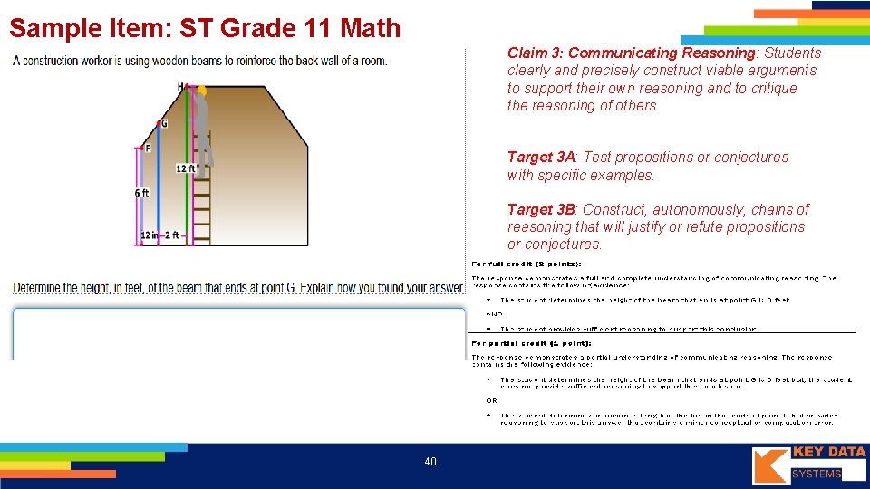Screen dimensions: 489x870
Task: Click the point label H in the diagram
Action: (180, 87)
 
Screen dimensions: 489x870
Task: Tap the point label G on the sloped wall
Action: (164, 123)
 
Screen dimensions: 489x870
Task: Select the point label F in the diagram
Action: (148, 148)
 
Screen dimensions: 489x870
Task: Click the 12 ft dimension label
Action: (187, 168)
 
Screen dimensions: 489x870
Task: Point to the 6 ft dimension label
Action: (141, 193)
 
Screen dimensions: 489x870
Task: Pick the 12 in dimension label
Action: (150, 235)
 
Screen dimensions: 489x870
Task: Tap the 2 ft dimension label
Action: (172, 235)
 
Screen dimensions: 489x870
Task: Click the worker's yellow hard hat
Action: (201, 91)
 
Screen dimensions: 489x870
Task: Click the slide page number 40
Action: (430, 462)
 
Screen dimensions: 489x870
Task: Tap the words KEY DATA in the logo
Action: (828, 452)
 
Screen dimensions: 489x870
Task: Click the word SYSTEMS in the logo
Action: (817, 474)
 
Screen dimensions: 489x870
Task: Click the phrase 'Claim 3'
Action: (534, 53)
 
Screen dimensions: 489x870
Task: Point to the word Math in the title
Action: (371, 28)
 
